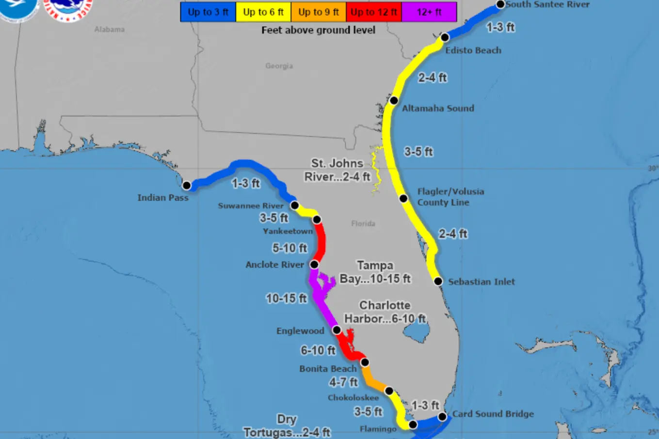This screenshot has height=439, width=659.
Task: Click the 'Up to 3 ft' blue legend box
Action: click(208, 12)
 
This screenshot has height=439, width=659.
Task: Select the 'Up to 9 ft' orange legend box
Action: click(319, 12)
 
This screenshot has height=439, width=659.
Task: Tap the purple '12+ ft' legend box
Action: click(429, 12)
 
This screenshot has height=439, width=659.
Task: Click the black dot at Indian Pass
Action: click(187, 186)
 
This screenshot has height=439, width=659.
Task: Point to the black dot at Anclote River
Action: click(314, 264)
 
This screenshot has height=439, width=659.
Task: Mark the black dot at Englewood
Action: click(337, 330)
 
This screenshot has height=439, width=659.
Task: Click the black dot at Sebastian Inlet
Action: click(438, 282)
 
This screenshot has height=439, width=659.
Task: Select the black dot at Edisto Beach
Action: click(445, 37)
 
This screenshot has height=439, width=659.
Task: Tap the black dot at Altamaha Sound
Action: click(394, 101)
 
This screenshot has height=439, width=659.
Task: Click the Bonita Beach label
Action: click(328, 369)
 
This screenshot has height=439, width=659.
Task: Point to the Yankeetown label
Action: click(288, 231)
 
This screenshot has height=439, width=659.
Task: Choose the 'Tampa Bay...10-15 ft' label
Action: click(375, 272)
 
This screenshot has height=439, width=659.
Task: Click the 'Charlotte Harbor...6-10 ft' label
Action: click(385, 312)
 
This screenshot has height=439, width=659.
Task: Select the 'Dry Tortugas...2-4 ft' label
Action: click(287, 426)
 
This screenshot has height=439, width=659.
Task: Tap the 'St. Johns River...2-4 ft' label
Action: click(337, 170)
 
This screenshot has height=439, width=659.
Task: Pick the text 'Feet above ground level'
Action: click(318, 30)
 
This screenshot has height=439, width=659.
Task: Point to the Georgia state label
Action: click(279, 66)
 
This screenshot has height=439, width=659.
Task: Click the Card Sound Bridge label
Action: click(493, 414)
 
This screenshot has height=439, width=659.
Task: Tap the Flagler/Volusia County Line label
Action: click(450, 197)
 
